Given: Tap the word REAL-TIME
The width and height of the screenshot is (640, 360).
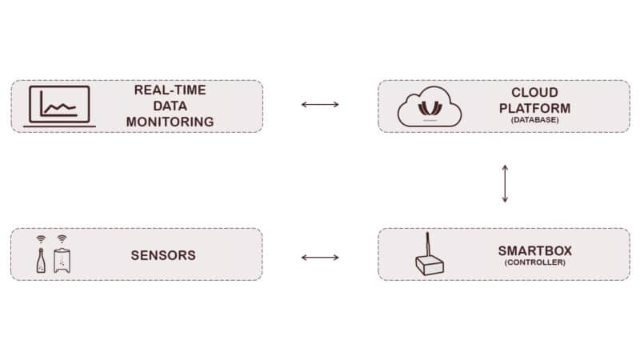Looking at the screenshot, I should tap(170, 90).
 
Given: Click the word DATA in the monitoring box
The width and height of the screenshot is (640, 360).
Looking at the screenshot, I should tap(170, 106).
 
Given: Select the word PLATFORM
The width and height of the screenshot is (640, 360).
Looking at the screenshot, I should tap(535, 107).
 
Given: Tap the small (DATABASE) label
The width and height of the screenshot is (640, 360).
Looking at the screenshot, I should tap(535, 120).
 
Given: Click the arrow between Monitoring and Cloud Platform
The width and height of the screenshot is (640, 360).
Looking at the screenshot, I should tap(320, 104).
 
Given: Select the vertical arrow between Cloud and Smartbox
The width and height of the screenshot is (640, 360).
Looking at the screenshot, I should tap(504, 183).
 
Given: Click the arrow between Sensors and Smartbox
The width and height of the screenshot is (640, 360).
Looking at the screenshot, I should tap(320, 257).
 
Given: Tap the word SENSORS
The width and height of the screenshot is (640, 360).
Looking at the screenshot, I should tap(163, 256).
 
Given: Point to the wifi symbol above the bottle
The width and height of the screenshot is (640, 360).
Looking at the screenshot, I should tap(41, 239).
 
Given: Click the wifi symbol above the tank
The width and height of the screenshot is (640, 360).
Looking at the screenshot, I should tap(62, 239).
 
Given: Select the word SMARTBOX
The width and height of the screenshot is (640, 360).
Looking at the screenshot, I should tap(535, 250).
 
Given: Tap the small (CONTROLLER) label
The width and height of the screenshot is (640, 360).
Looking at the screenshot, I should tap(535, 262).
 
